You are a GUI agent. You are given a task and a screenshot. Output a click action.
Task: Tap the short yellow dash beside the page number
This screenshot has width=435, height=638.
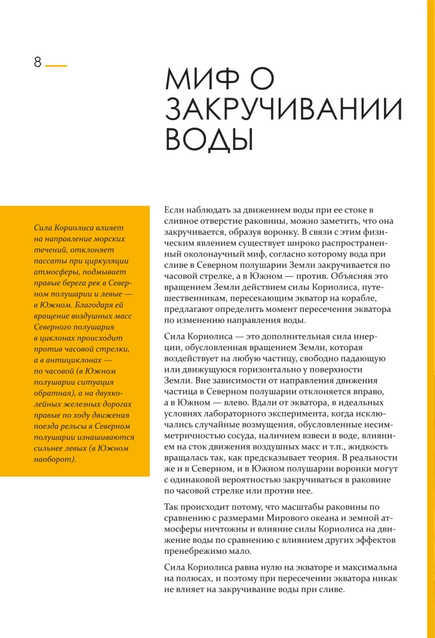pyautogui.click(x=56, y=65)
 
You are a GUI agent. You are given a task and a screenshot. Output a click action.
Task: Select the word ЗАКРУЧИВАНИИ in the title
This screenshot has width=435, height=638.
pyautogui.click(x=284, y=110)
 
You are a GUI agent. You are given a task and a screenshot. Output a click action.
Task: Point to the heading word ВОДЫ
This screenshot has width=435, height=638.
pyautogui.click(x=209, y=139)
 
